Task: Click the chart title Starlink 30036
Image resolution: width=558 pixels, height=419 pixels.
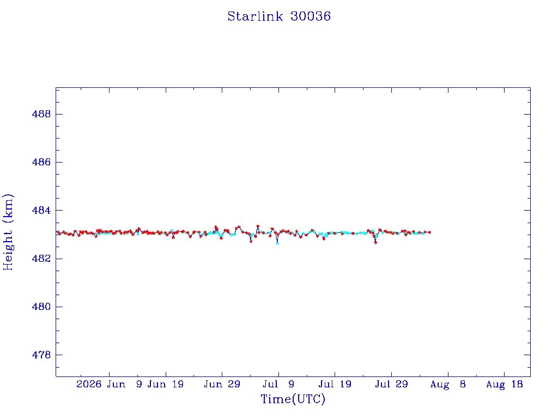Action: pos(279,16)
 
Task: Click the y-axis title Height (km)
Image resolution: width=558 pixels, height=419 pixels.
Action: pos(8,232)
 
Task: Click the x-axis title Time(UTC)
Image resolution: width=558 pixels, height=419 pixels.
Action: pos(293,399)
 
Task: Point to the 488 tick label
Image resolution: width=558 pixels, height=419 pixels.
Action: pos(41,114)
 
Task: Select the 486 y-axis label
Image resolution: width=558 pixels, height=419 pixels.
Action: pos(41,162)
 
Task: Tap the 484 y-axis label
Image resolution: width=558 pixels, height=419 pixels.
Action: pos(41,210)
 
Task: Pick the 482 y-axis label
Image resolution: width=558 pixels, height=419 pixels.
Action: pos(41,258)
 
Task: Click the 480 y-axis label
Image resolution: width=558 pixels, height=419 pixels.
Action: pos(41,307)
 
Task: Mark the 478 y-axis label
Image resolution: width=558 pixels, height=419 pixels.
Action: pos(41,355)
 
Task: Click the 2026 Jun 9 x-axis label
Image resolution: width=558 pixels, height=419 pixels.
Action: pos(109,384)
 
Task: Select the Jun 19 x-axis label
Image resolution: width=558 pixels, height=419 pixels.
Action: pos(166,384)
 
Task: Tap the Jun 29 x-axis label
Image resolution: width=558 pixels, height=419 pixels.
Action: pos(222,384)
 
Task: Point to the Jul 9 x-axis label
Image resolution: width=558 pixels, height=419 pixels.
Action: pos(278,384)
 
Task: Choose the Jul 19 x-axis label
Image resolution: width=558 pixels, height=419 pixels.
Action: pos(335,384)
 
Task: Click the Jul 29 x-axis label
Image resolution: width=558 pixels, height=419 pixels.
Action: pos(391,384)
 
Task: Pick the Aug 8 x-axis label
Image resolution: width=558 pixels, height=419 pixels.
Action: pos(448,384)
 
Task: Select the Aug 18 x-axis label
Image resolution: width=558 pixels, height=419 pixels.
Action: pos(504,384)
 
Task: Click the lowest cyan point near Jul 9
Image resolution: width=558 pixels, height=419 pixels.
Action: pos(277,243)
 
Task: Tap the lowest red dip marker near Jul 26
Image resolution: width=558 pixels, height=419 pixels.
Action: pos(375,243)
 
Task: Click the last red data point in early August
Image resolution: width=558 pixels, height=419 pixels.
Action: pos(430,232)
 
